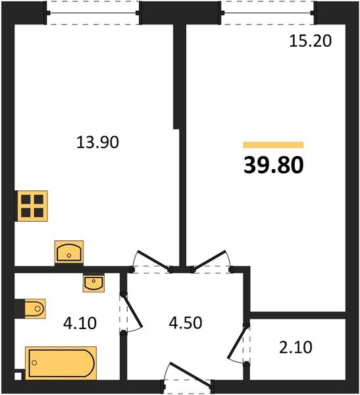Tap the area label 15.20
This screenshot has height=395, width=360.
(x=310, y=41)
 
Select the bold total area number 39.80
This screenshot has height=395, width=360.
(x=273, y=165)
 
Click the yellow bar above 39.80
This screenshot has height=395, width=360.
(x=273, y=145)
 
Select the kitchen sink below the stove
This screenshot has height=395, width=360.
(x=69, y=253)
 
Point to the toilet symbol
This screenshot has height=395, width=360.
(x=30, y=307)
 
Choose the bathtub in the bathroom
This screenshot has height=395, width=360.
(x=61, y=363)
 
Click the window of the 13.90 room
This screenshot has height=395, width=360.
(x=93, y=13)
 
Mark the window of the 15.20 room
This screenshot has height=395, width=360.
(x=269, y=13)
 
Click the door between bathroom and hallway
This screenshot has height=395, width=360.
(x=130, y=313)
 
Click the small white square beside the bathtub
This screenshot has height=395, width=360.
(x=18, y=377)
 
